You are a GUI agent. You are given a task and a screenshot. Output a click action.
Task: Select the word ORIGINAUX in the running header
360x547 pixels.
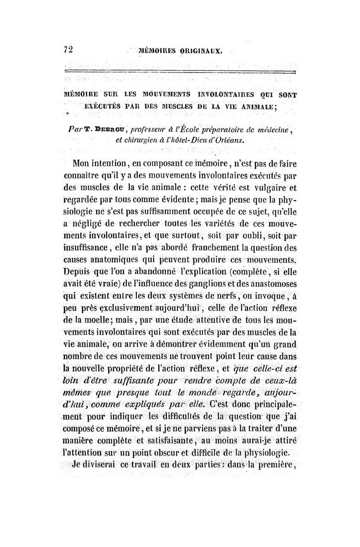(x=202, y=51)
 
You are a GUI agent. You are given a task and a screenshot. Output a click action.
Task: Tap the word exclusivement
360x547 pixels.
(x=126, y=321)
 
